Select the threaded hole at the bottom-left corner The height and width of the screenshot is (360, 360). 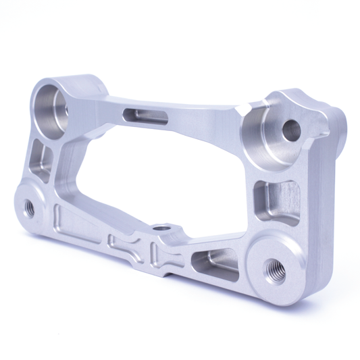[29, 207]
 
